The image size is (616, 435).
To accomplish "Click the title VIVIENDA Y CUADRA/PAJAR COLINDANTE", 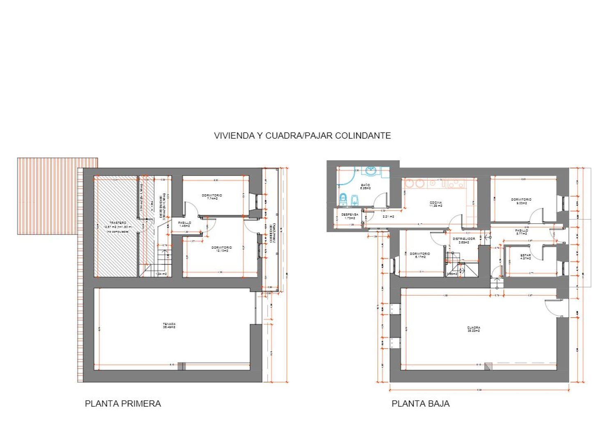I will pos(302,136).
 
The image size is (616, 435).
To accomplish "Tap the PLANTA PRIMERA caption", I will pos(123,404).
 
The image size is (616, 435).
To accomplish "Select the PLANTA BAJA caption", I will pos(421,404).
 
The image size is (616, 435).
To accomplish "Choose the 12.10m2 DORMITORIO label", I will pos(221,249).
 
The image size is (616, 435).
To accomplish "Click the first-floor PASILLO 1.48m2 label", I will pos(184,224).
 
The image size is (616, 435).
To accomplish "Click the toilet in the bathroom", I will pos(343,199).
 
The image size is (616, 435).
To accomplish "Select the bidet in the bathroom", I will pos(355,199).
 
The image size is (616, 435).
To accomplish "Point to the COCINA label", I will pos(436,204).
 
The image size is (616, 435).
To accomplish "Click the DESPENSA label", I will pos(349,216).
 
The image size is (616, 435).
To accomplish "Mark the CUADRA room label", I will pos(473,329).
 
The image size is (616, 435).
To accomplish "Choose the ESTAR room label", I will pos(525,257).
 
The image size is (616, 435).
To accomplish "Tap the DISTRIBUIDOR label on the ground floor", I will pos(464,240).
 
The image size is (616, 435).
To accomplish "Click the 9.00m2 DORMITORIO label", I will pos(521,201).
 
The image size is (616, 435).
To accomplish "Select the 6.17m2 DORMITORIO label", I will pos(420,255).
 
